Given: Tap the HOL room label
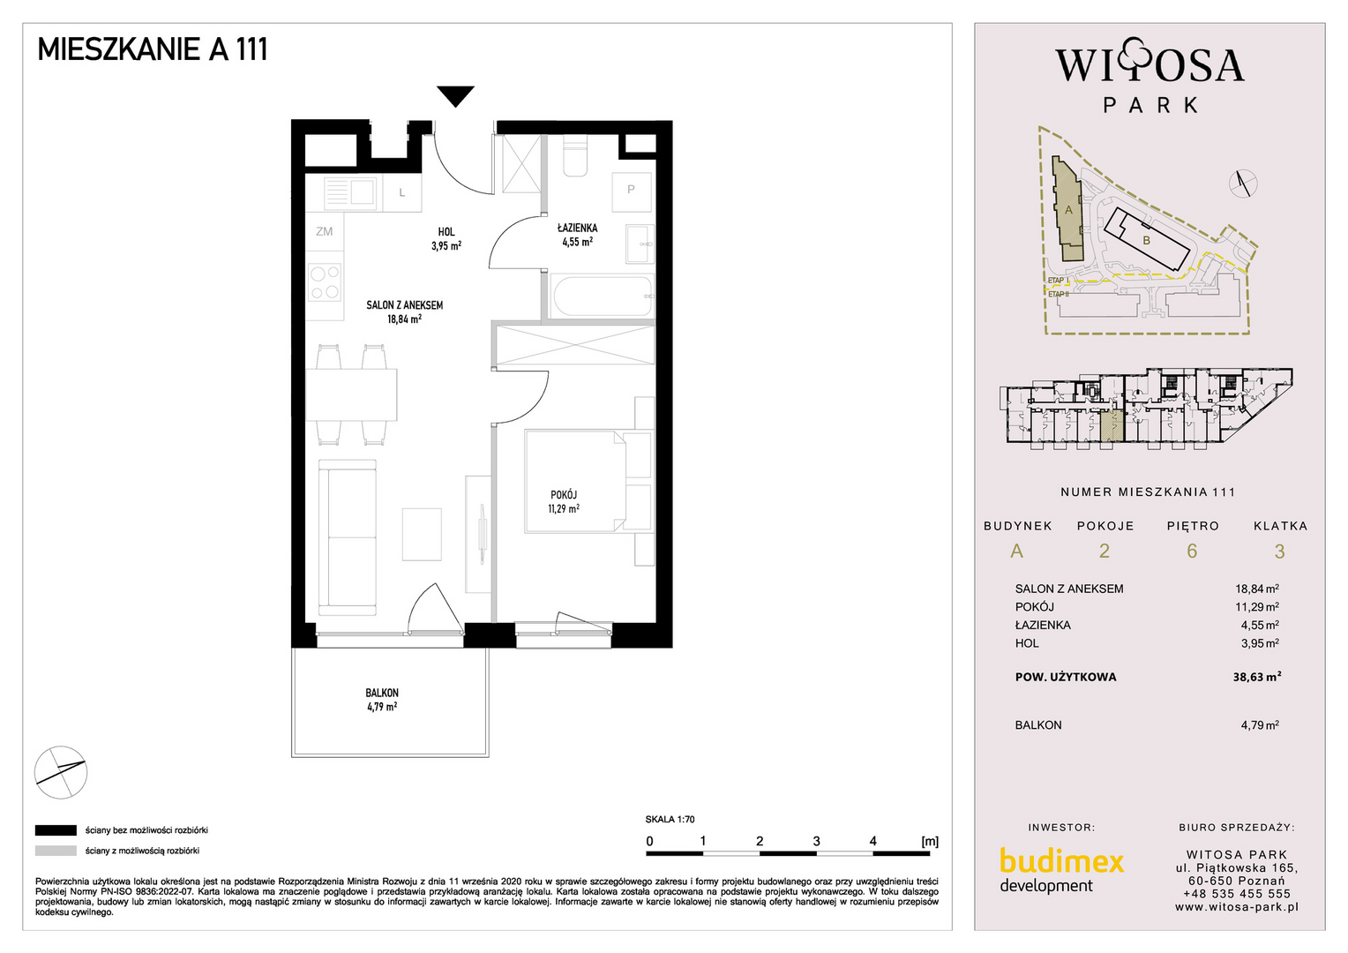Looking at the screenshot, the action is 446,232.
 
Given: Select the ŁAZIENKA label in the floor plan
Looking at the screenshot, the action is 577,228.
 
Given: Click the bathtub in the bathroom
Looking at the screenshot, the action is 601,296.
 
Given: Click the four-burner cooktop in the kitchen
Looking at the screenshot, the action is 325,282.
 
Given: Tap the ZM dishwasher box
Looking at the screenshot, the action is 325,231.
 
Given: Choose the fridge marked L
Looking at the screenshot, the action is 402,192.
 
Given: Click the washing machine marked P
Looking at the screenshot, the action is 632,191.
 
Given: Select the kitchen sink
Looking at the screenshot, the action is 351,193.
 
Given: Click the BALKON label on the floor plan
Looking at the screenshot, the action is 381,693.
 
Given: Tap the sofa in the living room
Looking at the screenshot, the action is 348,537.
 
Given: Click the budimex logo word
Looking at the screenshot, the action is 1061,861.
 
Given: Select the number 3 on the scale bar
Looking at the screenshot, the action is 817,841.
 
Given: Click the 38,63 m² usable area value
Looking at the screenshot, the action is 1256,677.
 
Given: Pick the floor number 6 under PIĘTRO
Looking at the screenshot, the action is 1192,551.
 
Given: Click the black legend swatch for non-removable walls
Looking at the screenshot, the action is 56,830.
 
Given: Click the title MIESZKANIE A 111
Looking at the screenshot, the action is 153,49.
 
